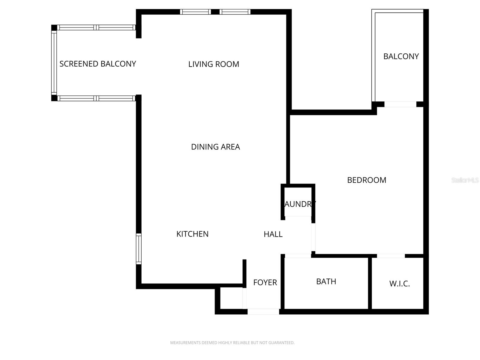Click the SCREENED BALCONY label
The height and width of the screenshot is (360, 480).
point(97,64)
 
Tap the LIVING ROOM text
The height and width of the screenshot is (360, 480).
point(214,64)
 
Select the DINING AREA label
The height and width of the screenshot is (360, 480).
point(215,147)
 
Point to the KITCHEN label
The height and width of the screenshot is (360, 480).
point(192,234)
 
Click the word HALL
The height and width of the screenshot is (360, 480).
point(273,234)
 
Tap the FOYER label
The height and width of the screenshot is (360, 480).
point(265,282)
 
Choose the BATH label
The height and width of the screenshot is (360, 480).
point(326,281)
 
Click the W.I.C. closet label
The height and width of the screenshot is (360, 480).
point(399,283)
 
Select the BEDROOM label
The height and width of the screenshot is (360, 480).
point(367,180)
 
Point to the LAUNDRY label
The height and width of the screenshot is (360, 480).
point(300,204)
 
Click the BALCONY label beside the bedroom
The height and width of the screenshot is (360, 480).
point(401,56)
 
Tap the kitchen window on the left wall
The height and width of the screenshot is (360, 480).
point(139,249)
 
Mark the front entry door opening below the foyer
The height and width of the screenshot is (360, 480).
point(263,311)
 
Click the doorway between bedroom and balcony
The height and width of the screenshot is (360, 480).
point(400,104)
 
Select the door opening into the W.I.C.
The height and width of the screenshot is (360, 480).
point(391,256)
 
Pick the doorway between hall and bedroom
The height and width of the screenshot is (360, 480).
point(313,237)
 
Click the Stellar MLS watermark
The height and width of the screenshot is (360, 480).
point(465,180)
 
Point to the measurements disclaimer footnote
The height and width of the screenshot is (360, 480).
point(232,343)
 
